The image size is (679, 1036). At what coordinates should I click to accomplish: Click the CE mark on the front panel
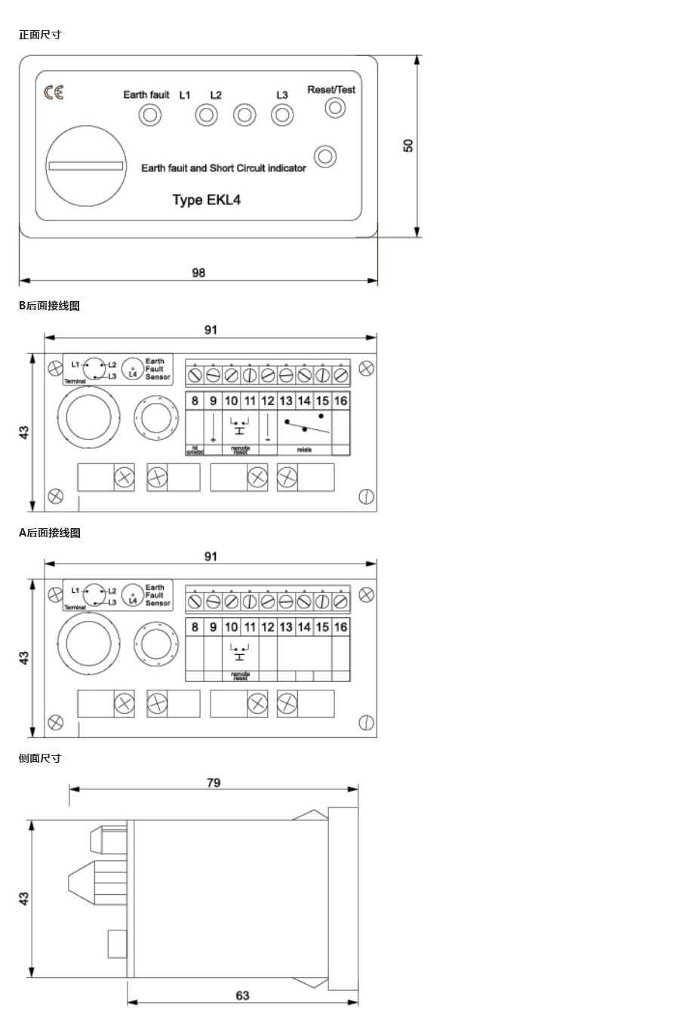(54, 92)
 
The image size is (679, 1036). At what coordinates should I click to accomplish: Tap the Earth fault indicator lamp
(150, 115)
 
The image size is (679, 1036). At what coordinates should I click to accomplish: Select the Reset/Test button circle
(335, 108)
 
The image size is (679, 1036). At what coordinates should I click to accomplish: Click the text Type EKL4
(207, 200)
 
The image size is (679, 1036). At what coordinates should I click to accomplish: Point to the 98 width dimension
(198, 272)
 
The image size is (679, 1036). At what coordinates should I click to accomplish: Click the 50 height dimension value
(409, 145)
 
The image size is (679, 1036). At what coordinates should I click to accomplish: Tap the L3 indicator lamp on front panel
(282, 115)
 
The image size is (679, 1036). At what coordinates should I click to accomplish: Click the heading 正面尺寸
(40, 35)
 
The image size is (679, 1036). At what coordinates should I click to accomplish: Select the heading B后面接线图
(49, 306)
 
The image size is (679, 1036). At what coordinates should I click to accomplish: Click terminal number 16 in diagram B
(341, 401)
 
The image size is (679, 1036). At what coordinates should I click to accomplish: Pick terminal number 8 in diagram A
(195, 627)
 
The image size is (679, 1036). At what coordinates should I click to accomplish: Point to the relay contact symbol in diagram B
(306, 425)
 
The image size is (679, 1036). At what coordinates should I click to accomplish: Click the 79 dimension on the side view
(214, 782)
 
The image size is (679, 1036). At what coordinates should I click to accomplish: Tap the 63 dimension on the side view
(242, 995)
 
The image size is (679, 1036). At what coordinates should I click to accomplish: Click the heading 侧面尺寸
(40, 758)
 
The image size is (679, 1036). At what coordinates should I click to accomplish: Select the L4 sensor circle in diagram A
(133, 596)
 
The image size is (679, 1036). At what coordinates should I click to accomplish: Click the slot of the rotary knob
(85, 166)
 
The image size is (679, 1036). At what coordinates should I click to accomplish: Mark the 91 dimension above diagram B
(210, 330)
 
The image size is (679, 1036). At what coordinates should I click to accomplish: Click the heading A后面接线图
(49, 533)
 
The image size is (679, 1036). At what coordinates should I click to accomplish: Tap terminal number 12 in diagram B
(268, 401)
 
